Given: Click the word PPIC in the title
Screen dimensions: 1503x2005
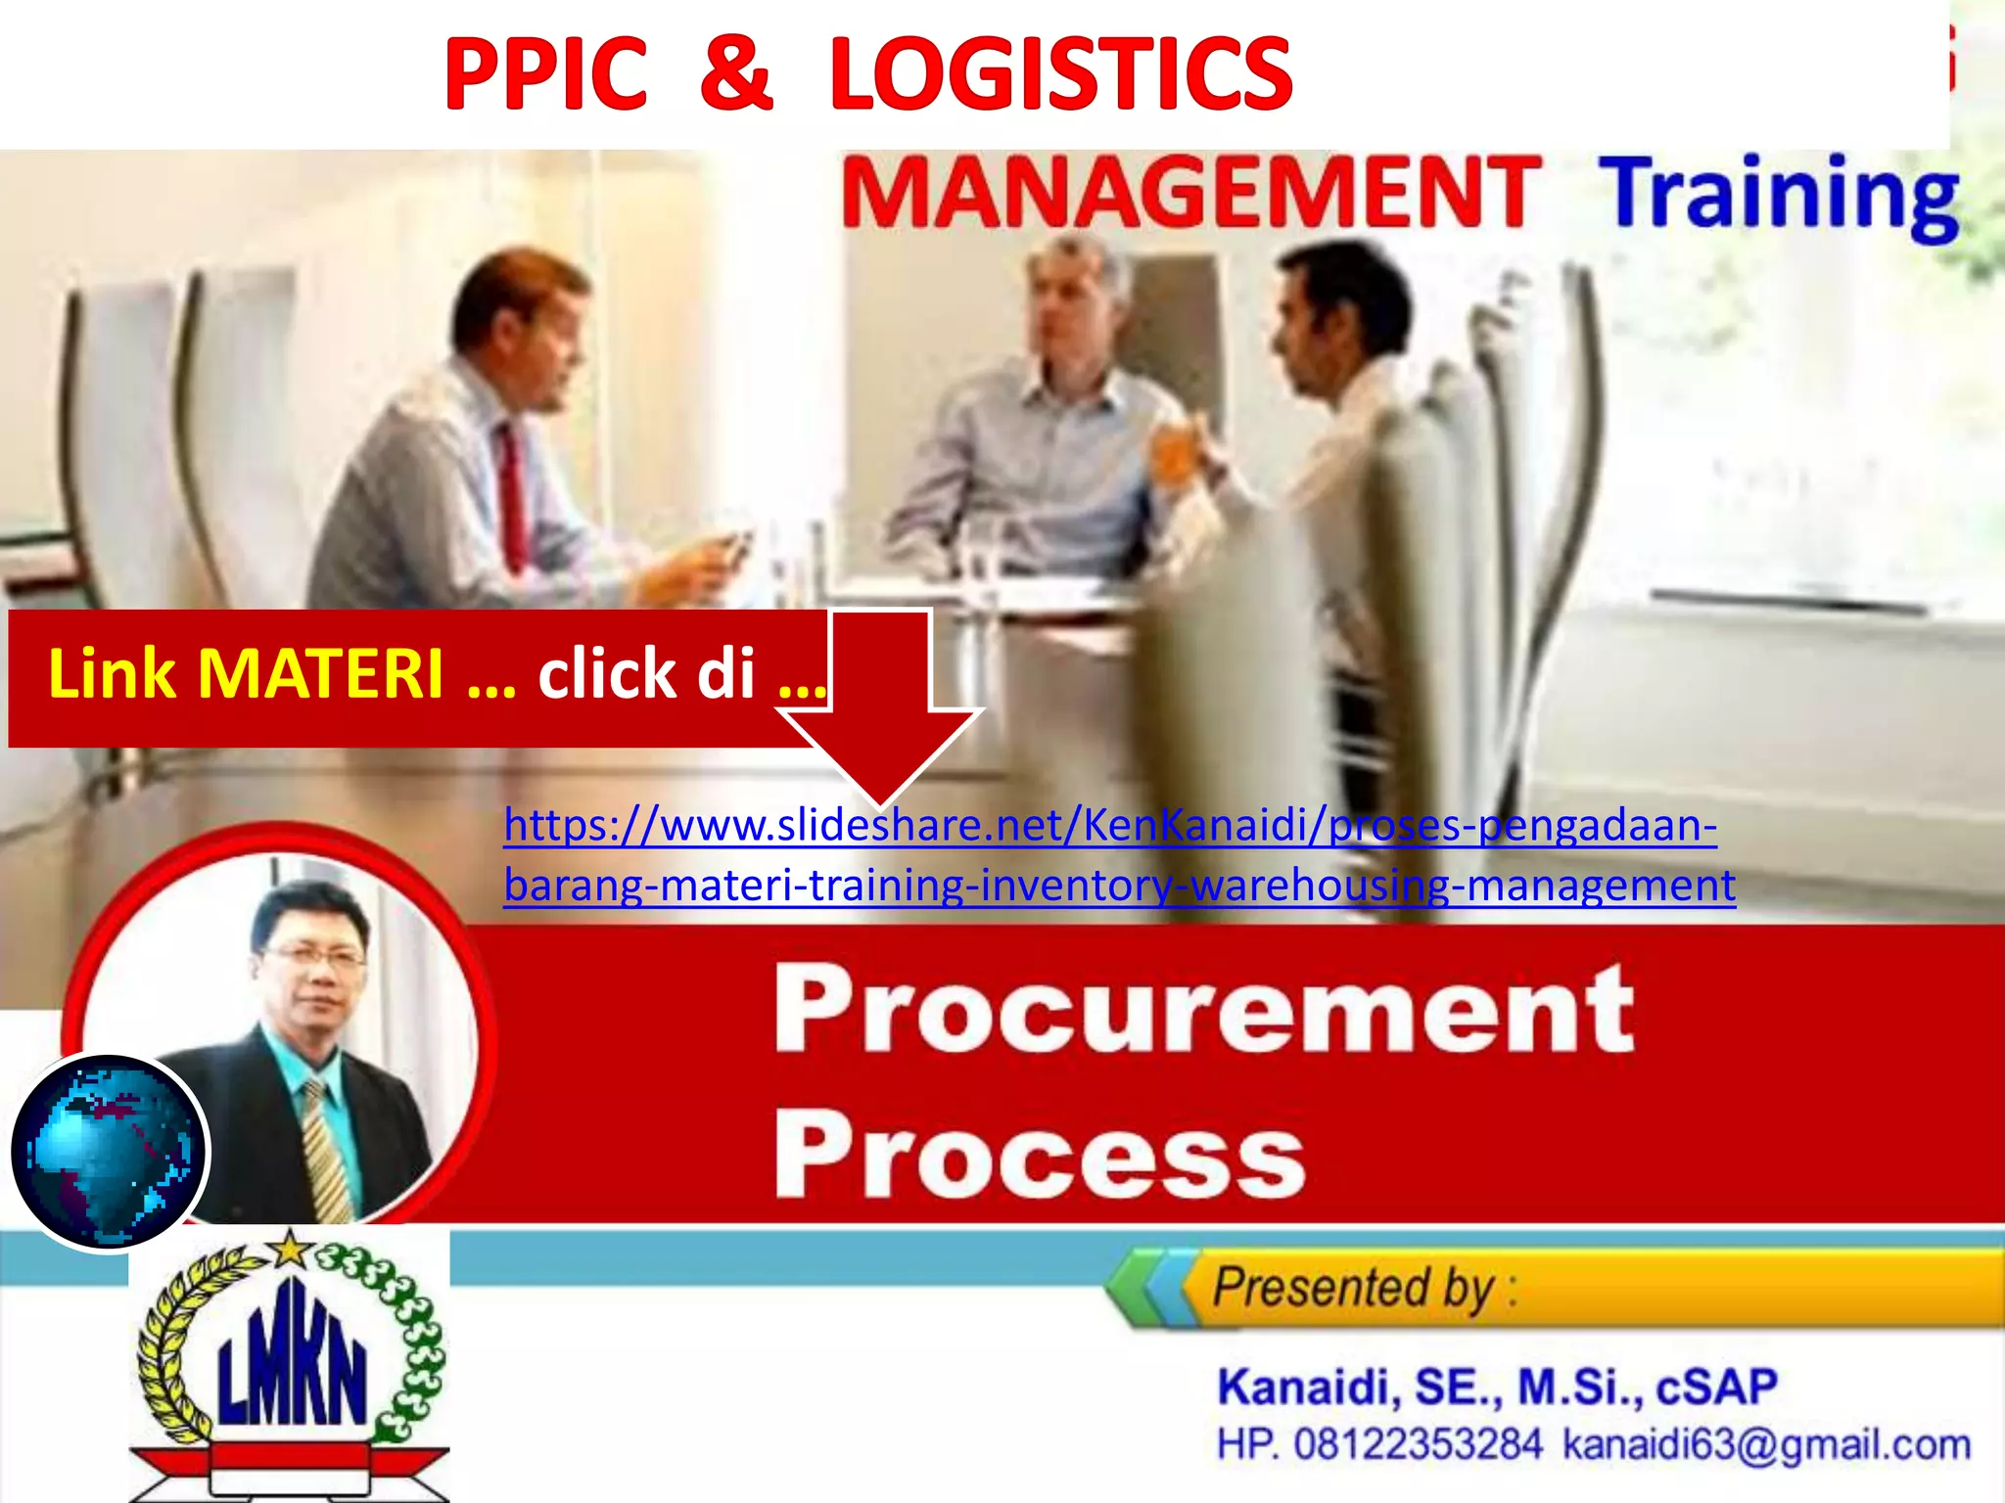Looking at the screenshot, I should (x=545, y=74).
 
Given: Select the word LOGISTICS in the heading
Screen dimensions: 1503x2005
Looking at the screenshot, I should (x=1060, y=74).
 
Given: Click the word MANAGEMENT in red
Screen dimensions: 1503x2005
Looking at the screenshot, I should (x=1189, y=192).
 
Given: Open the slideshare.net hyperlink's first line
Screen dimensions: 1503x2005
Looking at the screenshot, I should (x=1109, y=826).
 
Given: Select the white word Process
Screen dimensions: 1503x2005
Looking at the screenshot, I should (x=1039, y=1156).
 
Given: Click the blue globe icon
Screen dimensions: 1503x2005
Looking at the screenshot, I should (x=109, y=1152).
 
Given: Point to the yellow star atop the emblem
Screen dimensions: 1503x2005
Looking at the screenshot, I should (x=290, y=1250).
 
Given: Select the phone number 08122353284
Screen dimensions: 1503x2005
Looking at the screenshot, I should (x=1418, y=1445).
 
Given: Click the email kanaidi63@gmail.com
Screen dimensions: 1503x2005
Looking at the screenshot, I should (x=1766, y=1445).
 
